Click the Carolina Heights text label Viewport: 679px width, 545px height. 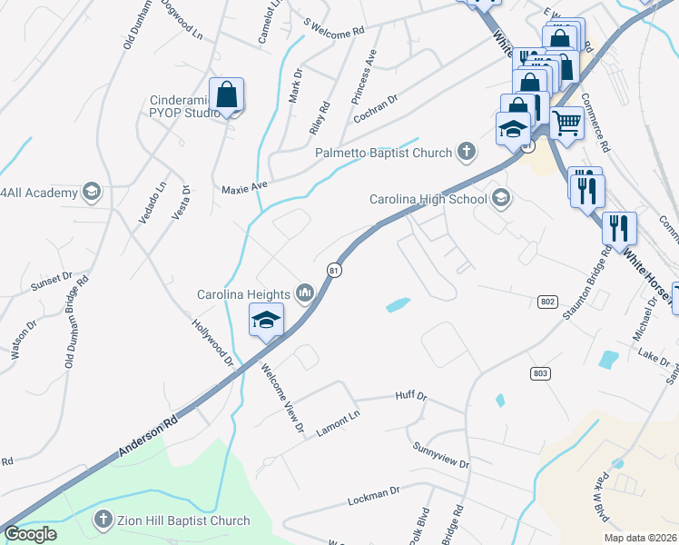tap(243, 293)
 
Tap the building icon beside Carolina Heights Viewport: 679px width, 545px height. tap(305, 292)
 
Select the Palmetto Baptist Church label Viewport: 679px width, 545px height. tap(383, 153)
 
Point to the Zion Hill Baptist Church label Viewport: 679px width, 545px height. tap(182, 520)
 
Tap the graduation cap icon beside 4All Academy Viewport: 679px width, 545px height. tap(91, 192)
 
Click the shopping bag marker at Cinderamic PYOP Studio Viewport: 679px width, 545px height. tap(226, 95)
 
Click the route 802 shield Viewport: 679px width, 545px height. tap(547, 301)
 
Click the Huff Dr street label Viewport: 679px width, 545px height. tap(410, 396)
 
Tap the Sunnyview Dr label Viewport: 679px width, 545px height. tap(440, 456)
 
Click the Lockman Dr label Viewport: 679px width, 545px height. tap(374, 496)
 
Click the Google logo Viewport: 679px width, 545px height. tap(30, 534)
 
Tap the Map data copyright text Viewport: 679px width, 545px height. tap(640, 538)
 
